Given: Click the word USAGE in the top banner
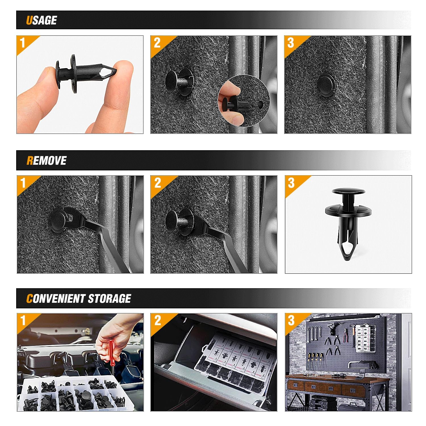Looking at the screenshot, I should pos(41,20).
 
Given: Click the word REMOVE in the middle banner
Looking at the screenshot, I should pos(46,161).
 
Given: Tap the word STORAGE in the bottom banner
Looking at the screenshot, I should pos(109,299).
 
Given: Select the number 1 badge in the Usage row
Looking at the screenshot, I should pos(23,43).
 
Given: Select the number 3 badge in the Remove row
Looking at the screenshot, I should pos(291,183).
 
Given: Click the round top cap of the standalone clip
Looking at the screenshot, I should pos(348,191).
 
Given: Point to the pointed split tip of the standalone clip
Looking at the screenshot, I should pos(348,250).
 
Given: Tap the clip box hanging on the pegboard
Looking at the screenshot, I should pos(366,338).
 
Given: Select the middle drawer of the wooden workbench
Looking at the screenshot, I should pos(323,387).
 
